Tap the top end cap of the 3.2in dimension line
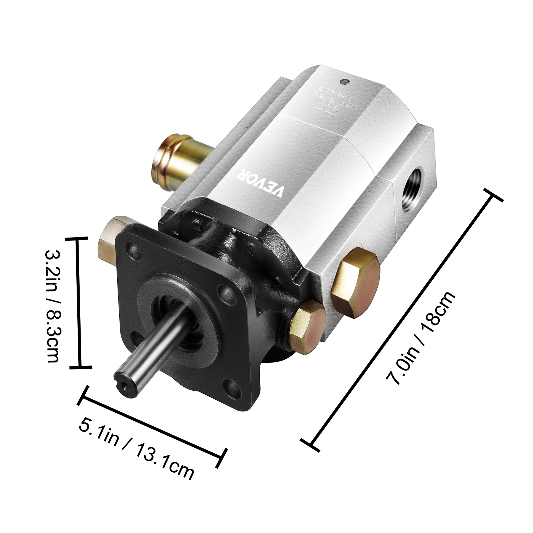78,239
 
